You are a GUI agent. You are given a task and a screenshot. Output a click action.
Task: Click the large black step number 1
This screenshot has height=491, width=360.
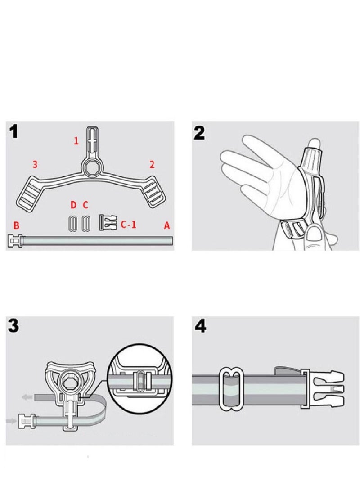[13, 131]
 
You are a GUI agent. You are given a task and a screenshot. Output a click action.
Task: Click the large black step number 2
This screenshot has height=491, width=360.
[199, 133]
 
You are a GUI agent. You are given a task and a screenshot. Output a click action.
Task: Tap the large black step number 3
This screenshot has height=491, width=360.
[13, 326]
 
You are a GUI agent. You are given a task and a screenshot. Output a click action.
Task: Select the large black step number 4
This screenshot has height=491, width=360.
[200, 326]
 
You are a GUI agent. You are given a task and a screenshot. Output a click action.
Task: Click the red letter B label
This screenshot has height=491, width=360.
[16, 225]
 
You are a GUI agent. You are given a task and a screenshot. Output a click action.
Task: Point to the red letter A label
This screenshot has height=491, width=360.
[167, 225]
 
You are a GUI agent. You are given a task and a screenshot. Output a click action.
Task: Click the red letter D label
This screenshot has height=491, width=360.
[73, 205]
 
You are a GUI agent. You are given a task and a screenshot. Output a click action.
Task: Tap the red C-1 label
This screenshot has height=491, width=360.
[129, 224]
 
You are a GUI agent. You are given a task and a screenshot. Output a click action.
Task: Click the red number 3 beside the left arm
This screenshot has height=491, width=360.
[35, 164]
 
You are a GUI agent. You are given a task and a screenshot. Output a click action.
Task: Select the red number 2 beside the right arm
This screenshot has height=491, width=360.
[152, 164]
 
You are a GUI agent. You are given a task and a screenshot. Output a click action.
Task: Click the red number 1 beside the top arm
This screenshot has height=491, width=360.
[76, 141]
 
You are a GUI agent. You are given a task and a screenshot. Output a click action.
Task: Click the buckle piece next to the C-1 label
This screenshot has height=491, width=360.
[108, 222]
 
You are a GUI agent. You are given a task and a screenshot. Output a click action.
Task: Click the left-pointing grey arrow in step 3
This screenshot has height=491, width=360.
[27, 397]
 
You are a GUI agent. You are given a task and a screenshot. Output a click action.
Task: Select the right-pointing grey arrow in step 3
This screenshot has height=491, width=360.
[12, 421]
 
